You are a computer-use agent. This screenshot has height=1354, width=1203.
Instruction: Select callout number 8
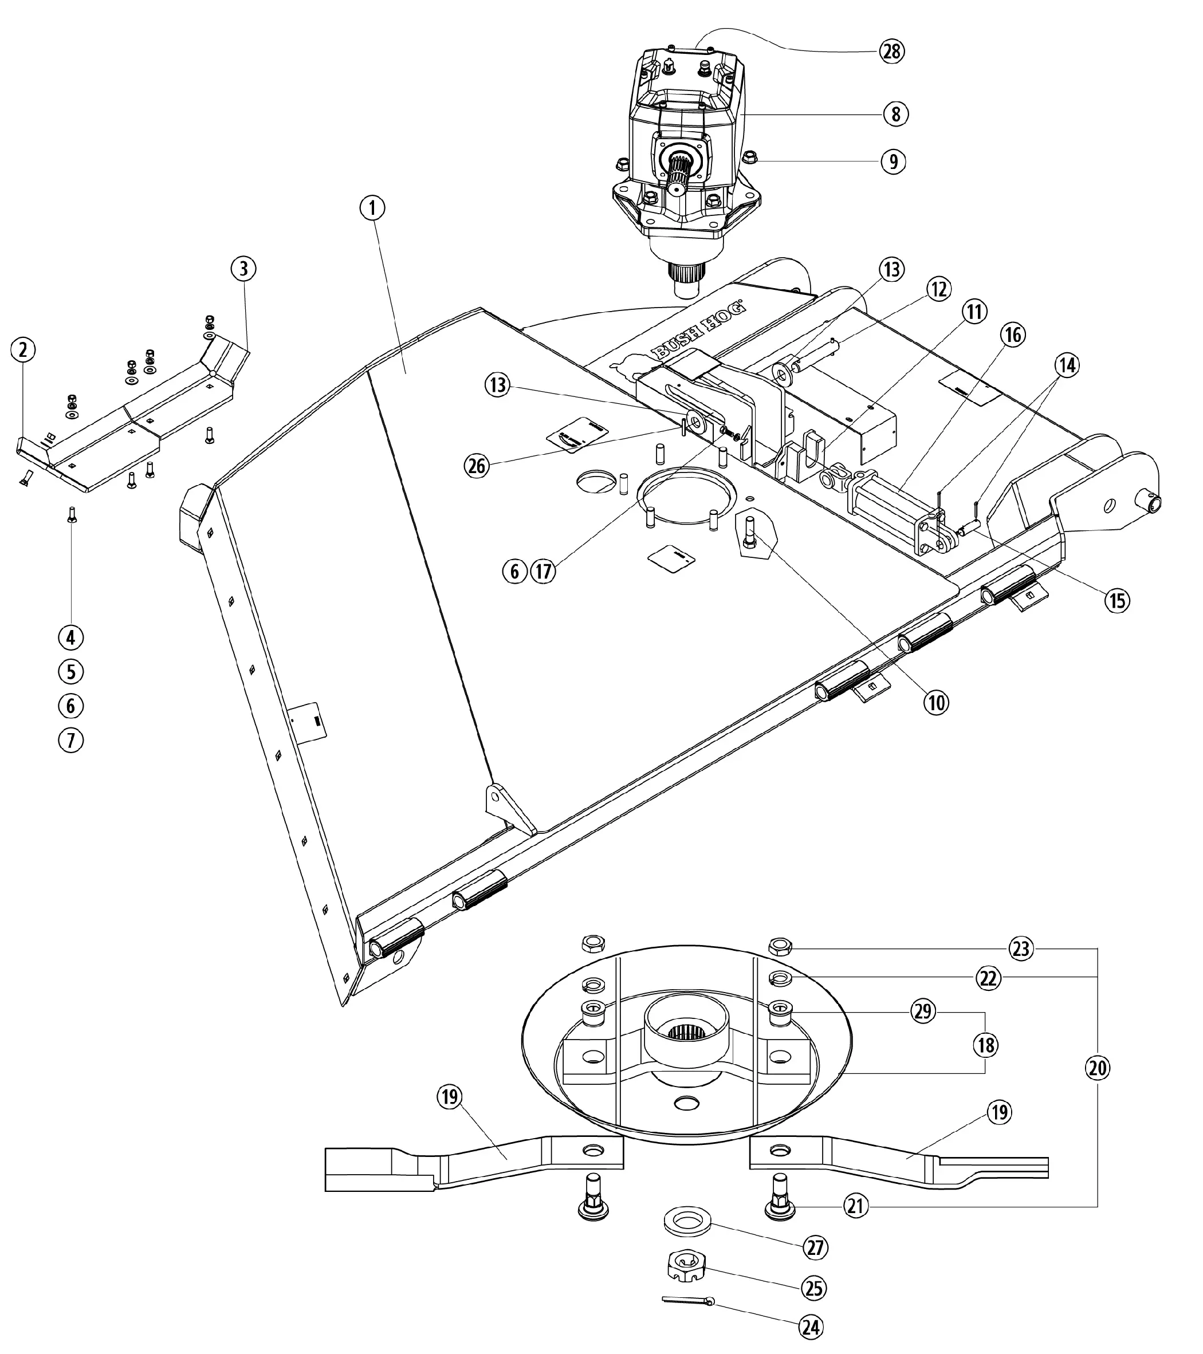[x=895, y=114]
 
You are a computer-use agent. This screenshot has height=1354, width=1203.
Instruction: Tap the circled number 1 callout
[x=372, y=208]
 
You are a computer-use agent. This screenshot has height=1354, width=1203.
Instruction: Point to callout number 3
[x=244, y=269]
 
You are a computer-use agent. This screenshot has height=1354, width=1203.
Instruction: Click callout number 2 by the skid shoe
[x=23, y=350]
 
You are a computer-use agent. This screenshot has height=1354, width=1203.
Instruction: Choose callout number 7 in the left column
[x=71, y=740]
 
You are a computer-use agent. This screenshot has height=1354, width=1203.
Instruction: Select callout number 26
[x=476, y=466]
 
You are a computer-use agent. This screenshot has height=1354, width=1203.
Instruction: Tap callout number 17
[x=544, y=571]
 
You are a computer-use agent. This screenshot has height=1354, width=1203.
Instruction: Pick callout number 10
[x=937, y=702]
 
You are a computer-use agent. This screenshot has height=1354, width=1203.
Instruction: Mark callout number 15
[x=1117, y=600]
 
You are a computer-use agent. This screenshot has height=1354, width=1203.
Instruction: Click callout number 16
[x=1013, y=335]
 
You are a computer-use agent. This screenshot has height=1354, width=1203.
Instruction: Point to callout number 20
[x=1098, y=1068]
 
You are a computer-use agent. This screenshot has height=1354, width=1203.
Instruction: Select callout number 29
[x=923, y=1011]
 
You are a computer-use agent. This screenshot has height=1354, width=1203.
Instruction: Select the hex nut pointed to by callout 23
[x=779, y=944]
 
